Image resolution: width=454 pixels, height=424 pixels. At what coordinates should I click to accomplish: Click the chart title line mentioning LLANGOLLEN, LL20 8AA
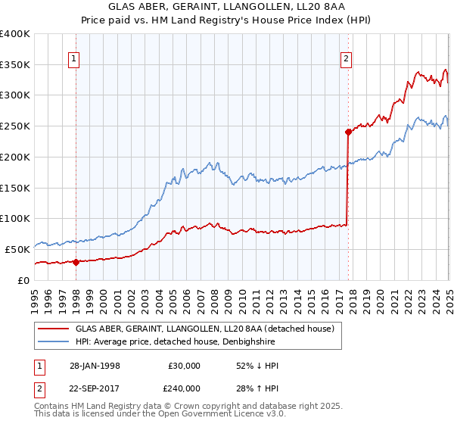(x=227, y=8)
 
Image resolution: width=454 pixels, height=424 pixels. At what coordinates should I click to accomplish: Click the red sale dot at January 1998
(x=76, y=262)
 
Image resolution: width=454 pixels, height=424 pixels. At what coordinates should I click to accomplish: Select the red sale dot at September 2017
(x=348, y=132)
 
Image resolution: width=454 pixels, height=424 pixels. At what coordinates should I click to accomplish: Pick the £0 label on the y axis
(x=23, y=280)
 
